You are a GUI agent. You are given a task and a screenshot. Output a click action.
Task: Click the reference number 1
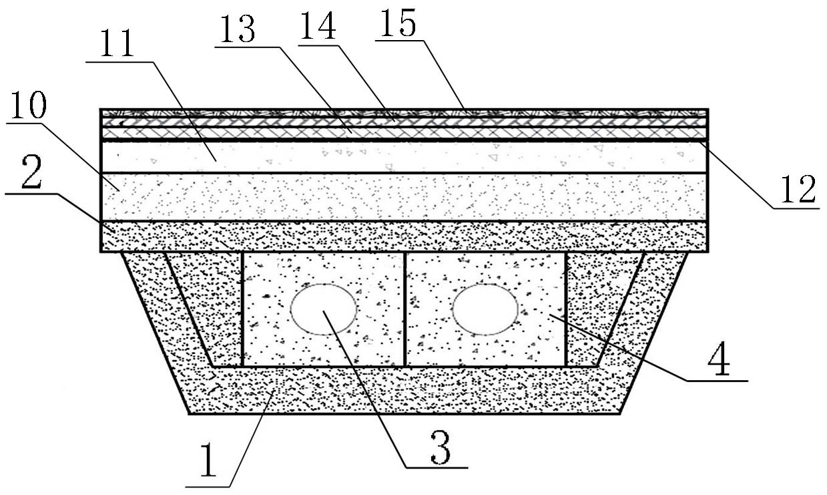[x=209, y=462]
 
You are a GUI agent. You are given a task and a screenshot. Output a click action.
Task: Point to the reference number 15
[x=398, y=24]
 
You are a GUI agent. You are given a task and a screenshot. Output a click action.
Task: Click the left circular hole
[x=324, y=309]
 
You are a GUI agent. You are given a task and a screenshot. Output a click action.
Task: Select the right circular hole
[x=485, y=309]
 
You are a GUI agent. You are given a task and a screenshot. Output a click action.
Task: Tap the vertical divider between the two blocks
[x=405, y=309]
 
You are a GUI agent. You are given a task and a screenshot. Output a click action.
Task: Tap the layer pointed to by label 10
[x=400, y=198]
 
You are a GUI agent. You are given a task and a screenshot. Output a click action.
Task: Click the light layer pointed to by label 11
[x=400, y=158]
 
